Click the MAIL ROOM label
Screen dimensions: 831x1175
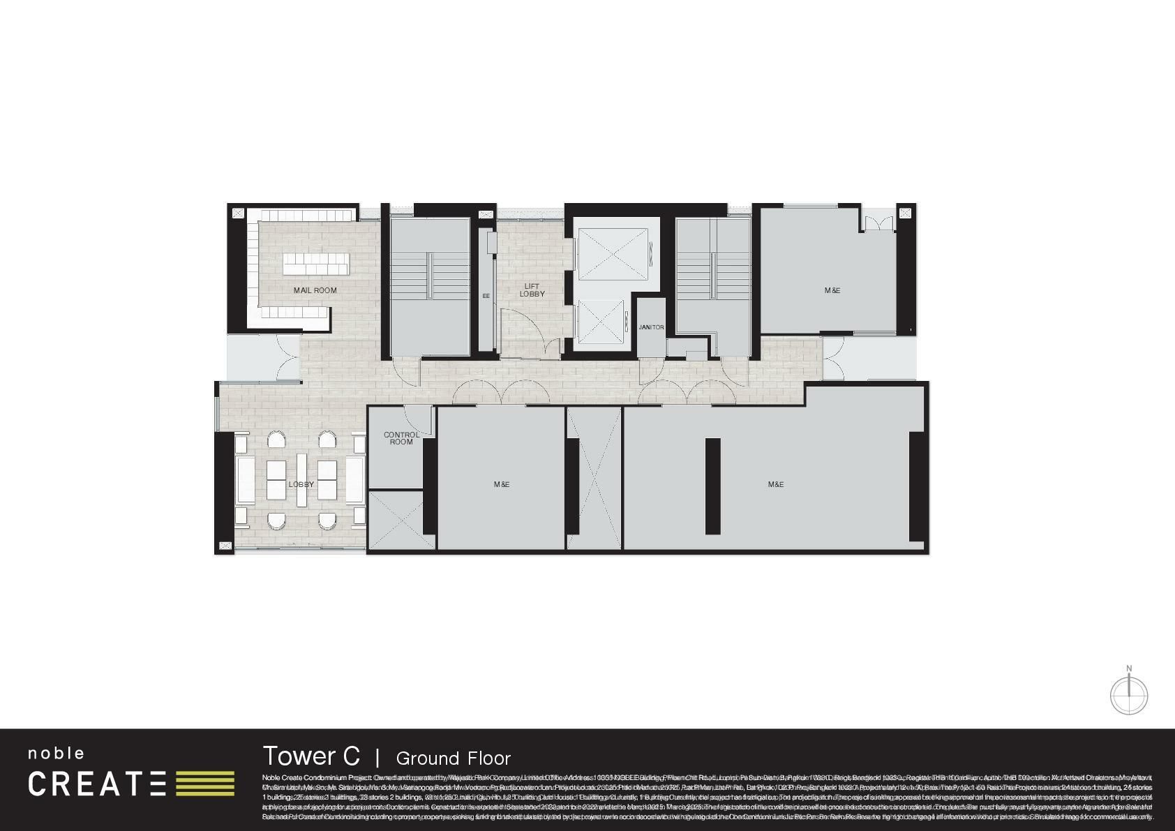(x=315, y=290)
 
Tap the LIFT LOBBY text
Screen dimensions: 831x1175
(x=532, y=290)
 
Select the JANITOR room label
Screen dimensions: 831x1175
(x=651, y=327)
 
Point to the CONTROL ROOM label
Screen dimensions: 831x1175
(x=401, y=438)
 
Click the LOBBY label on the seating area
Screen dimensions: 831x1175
(x=301, y=484)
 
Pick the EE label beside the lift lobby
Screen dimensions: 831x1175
(x=486, y=296)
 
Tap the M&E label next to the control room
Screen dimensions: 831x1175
(x=501, y=484)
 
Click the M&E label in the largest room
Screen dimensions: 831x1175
(x=775, y=484)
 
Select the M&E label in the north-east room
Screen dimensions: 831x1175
(x=832, y=290)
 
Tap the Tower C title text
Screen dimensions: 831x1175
(x=311, y=756)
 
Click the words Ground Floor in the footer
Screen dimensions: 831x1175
(x=454, y=758)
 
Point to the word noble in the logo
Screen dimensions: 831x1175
(x=56, y=754)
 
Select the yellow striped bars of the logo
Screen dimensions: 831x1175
(x=205, y=784)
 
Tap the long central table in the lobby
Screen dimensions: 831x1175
(x=301, y=480)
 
